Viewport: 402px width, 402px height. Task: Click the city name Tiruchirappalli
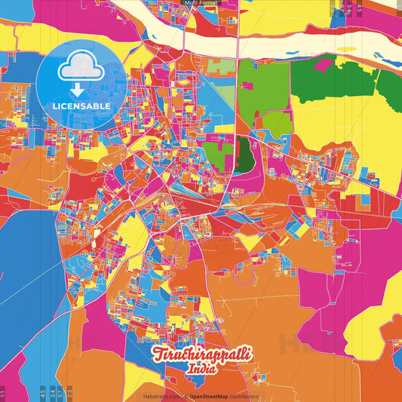point(202,355)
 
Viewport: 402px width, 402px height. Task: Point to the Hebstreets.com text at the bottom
point(161,396)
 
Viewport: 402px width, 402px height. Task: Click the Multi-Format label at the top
point(201,3)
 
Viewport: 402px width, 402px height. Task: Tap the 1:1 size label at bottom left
point(3,392)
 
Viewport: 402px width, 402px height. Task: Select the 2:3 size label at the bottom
point(69,392)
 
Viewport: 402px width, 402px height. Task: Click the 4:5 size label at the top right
point(359,9)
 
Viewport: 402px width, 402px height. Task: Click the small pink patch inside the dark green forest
point(323,65)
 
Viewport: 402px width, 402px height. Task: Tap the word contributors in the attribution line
point(244,396)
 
